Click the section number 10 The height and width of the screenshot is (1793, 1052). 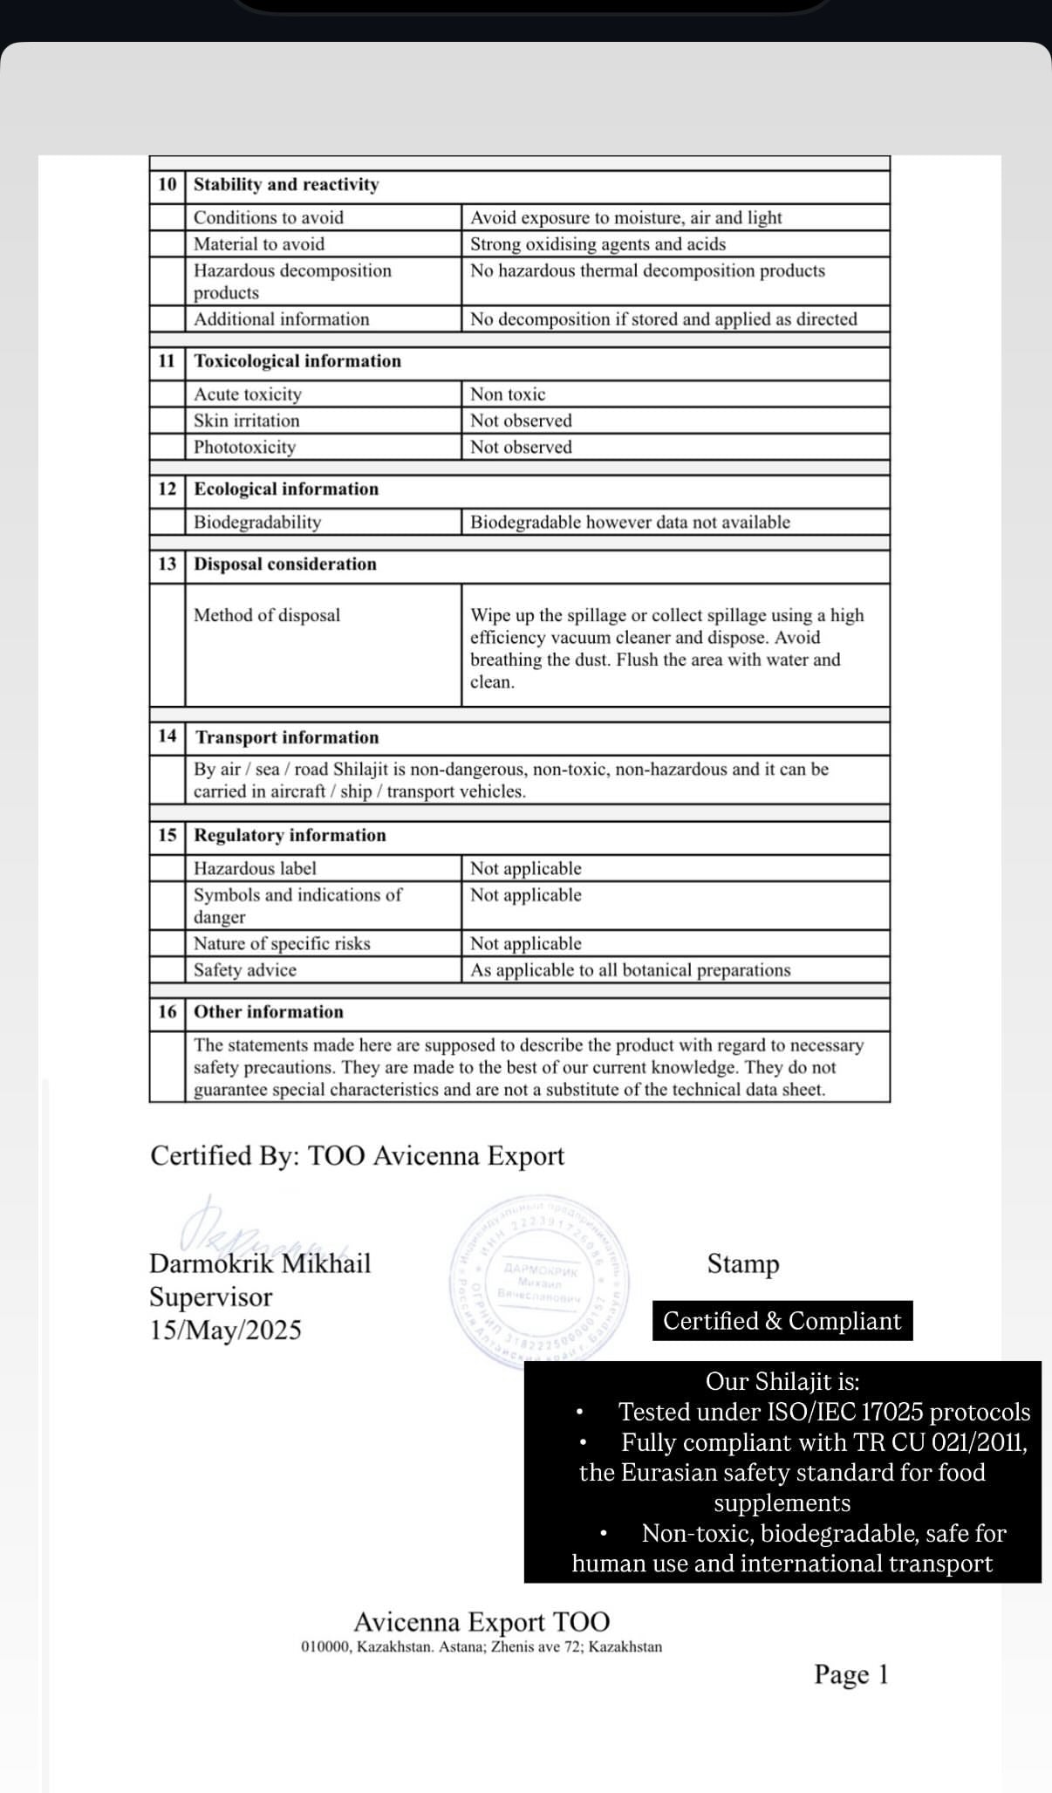pos(167,185)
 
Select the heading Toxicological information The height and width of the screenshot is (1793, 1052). pos(297,361)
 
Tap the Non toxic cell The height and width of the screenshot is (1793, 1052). pos(508,394)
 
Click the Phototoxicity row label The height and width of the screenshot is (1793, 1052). pos(244,448)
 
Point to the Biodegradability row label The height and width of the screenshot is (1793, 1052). pos(257,523)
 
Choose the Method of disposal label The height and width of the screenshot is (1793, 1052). pos(267,615)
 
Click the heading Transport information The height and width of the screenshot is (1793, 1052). pos(287,737)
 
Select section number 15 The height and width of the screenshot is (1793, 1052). pos(167,836)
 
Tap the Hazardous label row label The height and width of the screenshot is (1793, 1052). pos(255,868)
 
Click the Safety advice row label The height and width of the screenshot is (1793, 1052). pos(245,970)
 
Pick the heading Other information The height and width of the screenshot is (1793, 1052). pos(269,1012)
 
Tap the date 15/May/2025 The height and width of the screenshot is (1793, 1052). pos(225,1330)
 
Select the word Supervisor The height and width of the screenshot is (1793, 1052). pos(210,1297)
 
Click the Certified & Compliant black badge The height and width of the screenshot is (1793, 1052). pos(782,1321)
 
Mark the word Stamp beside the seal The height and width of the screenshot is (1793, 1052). pos(743,1263)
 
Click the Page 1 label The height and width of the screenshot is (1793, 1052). pos(850,1674)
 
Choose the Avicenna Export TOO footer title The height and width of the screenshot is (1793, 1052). pos(482,1622)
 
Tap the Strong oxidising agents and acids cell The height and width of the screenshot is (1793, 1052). pos(598,244)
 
